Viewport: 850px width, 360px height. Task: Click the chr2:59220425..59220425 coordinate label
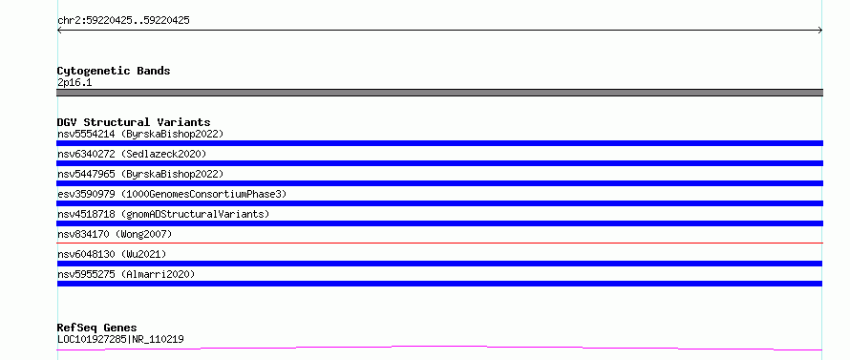123,21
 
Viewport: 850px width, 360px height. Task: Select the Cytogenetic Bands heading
114,71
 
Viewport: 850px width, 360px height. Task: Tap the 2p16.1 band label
74,83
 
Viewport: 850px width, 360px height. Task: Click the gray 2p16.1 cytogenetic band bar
439,93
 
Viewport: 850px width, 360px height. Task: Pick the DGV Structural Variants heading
134,122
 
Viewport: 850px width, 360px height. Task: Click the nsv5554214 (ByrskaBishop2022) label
140,134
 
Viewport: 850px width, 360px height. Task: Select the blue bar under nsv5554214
439,143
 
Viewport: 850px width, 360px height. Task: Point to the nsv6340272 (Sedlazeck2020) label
132,154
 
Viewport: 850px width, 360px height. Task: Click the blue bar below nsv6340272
439,163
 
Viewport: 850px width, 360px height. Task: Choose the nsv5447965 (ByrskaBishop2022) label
140,174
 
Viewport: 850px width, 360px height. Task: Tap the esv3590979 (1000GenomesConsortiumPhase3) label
172,194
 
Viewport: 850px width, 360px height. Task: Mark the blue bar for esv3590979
439,203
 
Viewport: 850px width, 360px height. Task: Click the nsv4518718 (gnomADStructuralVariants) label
163,214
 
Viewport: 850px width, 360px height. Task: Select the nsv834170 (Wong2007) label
115,234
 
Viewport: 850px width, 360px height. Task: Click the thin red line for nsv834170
439,243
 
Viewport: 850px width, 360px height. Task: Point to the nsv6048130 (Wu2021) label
112,254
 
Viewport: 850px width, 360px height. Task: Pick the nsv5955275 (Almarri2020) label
126,274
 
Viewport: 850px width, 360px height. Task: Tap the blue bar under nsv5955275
439,284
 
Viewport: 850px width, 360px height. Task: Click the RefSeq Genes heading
97,328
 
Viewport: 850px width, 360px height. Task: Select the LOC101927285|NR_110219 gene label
120,340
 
